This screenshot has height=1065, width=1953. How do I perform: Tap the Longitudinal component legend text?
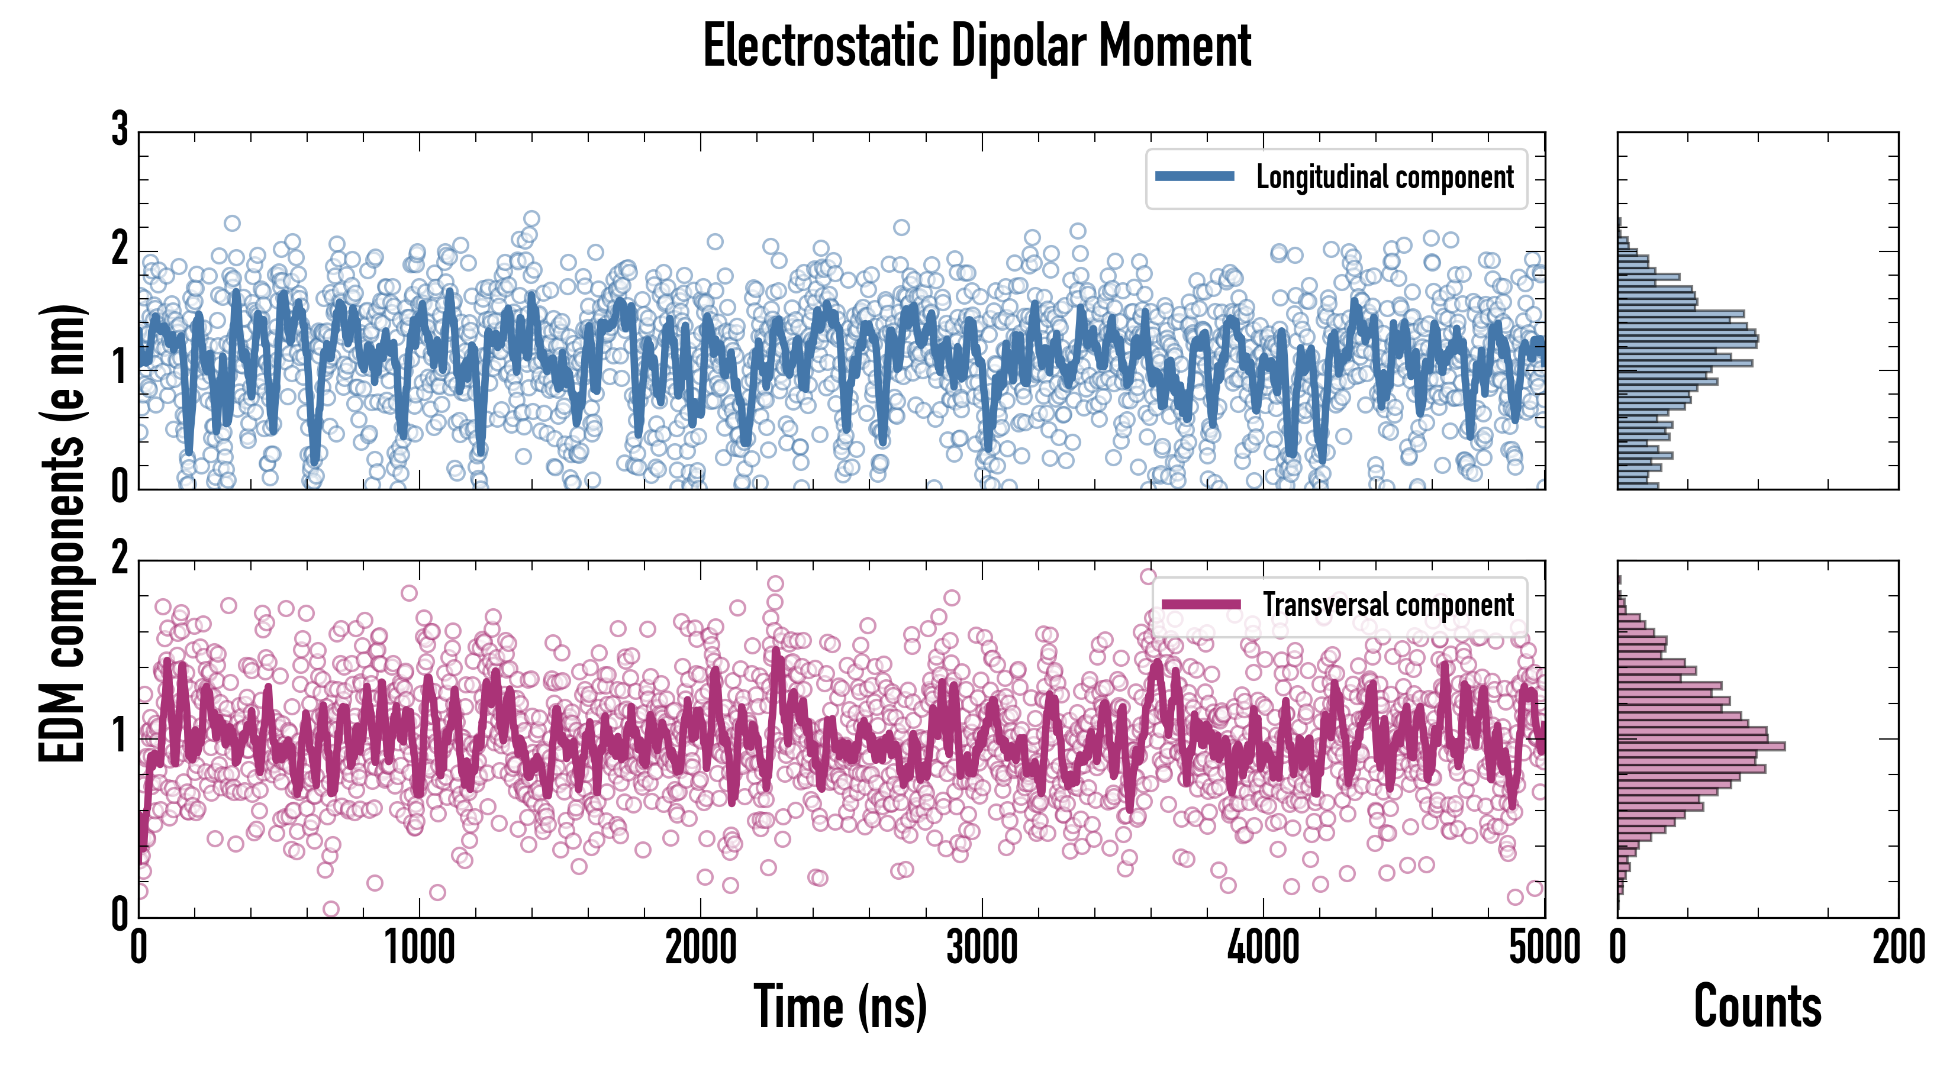pyautogui.click(x=1384, y=177)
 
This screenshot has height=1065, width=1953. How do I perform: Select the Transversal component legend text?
pyautogui.click(x=1388, y=605)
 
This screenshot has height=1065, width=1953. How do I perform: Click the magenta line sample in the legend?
pyautogui.click(x=1201, y=604)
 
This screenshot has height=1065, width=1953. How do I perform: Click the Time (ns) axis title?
pyautogui.click(x=840, y=1006)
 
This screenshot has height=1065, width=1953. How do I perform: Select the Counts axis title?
pyautogui.click(x=1757, y=1006)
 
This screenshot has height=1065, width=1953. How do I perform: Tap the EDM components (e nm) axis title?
pyautogui.click(x=62, y=534)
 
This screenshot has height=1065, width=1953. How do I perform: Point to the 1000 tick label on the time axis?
pyautogui.click(x=419, y=947)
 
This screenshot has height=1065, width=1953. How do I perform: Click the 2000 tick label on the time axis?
pyautogui.click(x=701, y=947)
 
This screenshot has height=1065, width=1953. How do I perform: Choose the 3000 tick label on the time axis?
pyautogui.click(x=982, y=947)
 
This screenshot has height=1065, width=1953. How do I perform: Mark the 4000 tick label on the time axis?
pyautogui.click(x=1263, y=947)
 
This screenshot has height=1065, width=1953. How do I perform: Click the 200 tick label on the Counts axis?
pyautogui.click(x=1899, y=947)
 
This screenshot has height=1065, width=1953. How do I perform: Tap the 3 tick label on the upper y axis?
pyautogui.click(x=120, y=130)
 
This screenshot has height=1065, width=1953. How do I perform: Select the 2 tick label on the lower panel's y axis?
pyautogui.click(x=120, y=559)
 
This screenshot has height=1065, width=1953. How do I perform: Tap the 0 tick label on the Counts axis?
pyautogui.click(x=1618, y=947)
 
